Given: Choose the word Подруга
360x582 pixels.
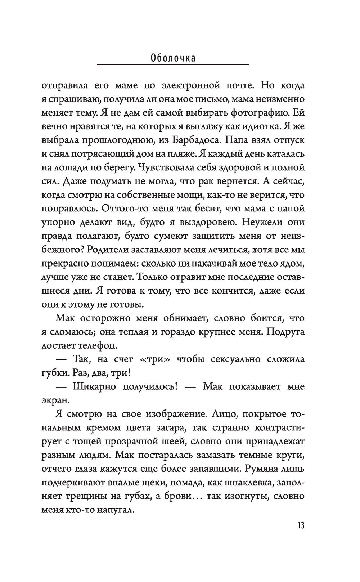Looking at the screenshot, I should click(x=286, y=332).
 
